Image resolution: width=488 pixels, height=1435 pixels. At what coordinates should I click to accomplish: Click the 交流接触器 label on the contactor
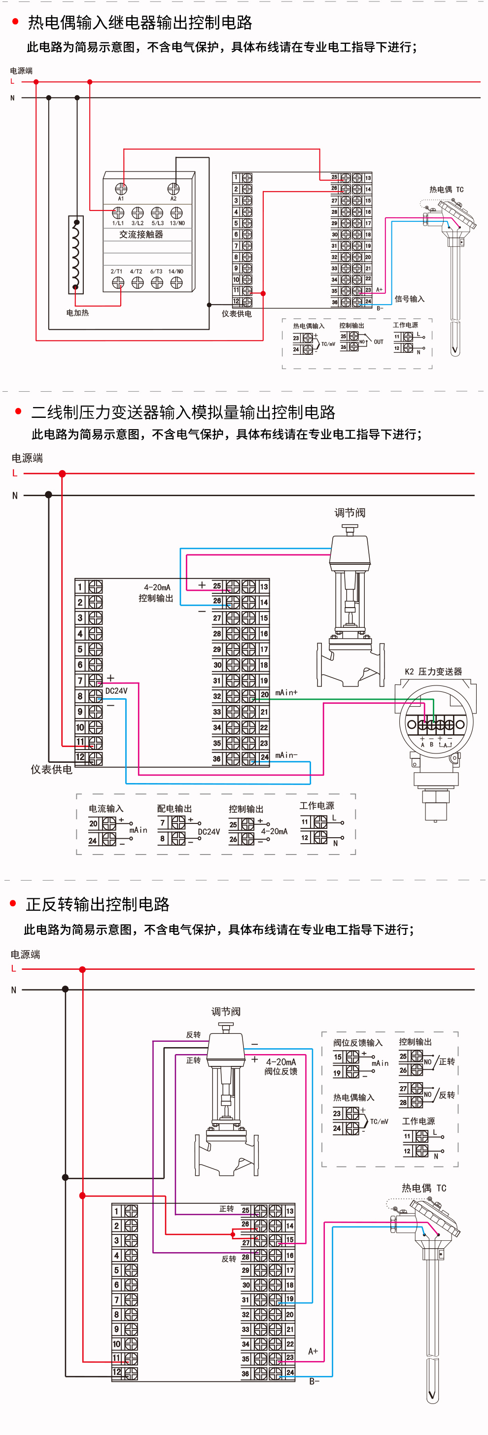pyautogui.click(x=141, y=235)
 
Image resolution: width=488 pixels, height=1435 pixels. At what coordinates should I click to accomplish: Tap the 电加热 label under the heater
pyautogui.click(x=77, y=313)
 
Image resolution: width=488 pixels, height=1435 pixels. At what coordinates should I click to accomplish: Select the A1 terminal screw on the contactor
pyautogui.click(x=121, y=189)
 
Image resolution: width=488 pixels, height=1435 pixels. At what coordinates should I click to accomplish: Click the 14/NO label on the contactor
pyautogui.click(x=175, y=272)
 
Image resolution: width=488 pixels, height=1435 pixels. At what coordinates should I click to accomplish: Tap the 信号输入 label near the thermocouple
pyautogui.click(x=410, y=299)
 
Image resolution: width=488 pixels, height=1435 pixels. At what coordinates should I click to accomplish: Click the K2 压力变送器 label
pyautogui.click(x=433, y=671)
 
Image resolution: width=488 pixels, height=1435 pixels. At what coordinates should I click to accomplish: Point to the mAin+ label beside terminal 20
pyautogui.click(x=286, y=692)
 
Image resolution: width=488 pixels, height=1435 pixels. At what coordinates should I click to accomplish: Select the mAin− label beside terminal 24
pyautogui.click(x=286, y=755)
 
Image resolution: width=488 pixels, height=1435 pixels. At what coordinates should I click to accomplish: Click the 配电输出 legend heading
pyautogui.click(x=174, y=808)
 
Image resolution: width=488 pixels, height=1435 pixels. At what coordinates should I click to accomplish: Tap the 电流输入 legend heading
pyautogui.click(x=106, y=808)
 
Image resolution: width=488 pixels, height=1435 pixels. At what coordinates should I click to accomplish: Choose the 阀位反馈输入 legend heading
pyautogui.click(x=358, y=1043)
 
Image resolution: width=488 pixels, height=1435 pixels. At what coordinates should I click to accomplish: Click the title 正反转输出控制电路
pyautogui.click(x=98, y=904)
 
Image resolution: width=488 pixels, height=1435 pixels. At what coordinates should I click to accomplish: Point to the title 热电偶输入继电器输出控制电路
pyautogui.click(x=140, y=23)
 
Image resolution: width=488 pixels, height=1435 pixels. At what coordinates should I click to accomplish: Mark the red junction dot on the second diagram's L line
pyautogui.click(x=63, y=474)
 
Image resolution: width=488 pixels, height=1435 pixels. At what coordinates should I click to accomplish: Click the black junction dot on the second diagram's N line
pyautogui.click(x=48, y=495)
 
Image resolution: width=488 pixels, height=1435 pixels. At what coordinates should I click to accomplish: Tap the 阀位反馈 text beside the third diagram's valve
pyautogui.click(x=281, y=1071)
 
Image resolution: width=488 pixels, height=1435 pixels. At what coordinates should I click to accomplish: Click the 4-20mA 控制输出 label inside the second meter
pyautogui.click(x=157, y=593)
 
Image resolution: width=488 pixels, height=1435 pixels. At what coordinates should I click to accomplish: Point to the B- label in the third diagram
pyautogui.click(x=314, y=1381)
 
